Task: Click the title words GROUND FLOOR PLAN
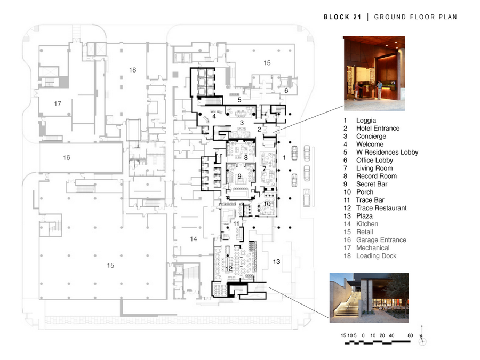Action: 415,17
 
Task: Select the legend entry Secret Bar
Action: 372,184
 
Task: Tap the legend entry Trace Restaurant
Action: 381,208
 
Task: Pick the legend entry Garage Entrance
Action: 381,240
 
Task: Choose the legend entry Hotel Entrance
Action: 378,128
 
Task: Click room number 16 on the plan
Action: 66,157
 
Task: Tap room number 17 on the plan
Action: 58,103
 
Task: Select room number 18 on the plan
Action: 132,70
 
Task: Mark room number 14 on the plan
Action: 194,239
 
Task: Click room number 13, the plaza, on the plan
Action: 276,261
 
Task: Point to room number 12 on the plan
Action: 229,268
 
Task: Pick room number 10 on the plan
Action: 267,204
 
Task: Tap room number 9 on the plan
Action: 239,176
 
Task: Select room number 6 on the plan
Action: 286,91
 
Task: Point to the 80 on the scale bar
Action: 410,335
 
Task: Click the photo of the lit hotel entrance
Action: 373,73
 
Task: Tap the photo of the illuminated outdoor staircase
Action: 369,298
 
